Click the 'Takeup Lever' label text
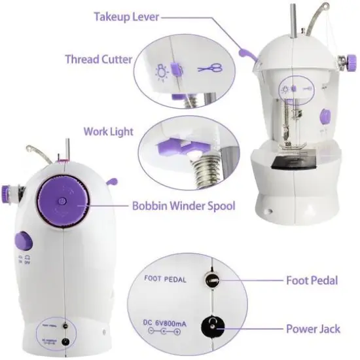127,15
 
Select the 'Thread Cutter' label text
98,59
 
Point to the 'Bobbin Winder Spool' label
183,206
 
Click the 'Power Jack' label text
312,329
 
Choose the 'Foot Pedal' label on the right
312,281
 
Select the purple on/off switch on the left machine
23,240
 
